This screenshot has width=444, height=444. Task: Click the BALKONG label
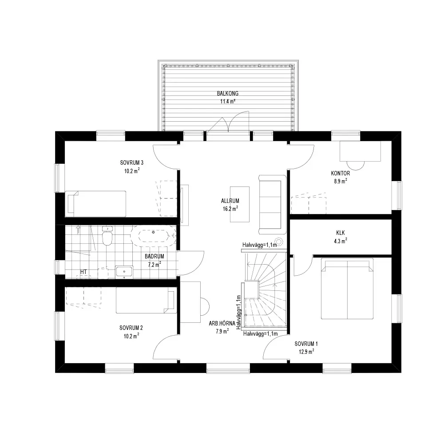pyautogui.click(x=228, y=93)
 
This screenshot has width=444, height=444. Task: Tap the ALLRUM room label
pyautogui.click(x=230, y=201)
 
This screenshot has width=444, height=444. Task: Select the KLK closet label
pyautogui.click(x=341, y=233)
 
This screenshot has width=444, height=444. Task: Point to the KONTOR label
pyautogui.click(x=341, y=173)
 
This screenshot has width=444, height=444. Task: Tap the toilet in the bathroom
pyautogui.click(x=107, y=236)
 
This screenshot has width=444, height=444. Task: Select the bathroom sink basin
pyautogui.click(x=124, y=272)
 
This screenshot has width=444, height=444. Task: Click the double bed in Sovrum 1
pyautogui.click(x=347, y=289)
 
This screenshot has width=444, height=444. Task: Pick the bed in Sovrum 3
pyautogui.click(x=95, y=204)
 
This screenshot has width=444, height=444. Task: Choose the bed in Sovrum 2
pyautogui.click(x=146, y=301)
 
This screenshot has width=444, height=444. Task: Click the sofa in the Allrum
pyautogui.click(x=272, y=204)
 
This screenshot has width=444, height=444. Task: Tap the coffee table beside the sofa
pyautogui.click(x=240, y=204)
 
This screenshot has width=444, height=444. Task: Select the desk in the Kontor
pyautogui.click(x=360, y=151)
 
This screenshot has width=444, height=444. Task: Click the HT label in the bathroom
pyautogui.click(x=83, y=272)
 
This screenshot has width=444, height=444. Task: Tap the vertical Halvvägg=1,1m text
pyautogui.click(x=238, y=312)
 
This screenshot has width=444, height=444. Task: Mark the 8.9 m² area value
pyautogui.click(x=341, y=181)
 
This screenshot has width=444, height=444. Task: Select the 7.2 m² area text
pyautogui.click(x=155, y=265)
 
